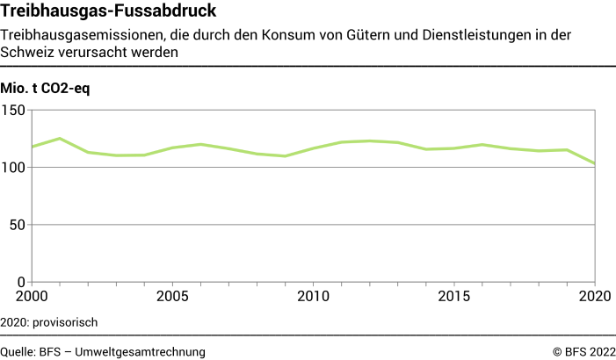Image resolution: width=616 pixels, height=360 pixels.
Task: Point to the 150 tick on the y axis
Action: coord(13,111)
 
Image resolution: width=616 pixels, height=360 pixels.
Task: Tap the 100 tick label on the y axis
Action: coord(13,168)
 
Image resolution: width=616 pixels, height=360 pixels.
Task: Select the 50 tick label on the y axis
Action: coord(17,225)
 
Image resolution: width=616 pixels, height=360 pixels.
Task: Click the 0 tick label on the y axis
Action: coord(21,282)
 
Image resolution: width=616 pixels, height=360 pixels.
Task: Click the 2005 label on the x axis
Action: coord(172,297)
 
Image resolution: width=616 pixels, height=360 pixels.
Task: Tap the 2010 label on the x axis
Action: coord(313,297)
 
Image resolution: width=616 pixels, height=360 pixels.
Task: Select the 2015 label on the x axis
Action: coord(454,297)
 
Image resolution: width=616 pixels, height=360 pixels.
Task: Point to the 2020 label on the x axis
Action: coord(595,297)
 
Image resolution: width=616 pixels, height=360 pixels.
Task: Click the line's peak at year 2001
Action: coord(60,139)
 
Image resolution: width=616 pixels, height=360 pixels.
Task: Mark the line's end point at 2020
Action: coord(595,163)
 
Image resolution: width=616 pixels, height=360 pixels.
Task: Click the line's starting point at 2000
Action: coord(32,147)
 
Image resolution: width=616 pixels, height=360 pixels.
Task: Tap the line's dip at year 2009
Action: coord(285,156)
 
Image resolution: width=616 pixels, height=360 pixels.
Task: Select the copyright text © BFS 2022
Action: coord(583,351)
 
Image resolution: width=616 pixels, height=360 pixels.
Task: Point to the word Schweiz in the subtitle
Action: coord(25,52)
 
